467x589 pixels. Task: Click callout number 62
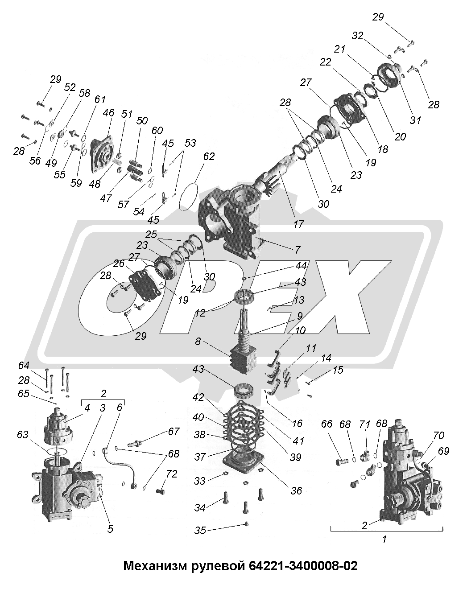(209, 157)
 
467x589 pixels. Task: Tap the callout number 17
(298, 224)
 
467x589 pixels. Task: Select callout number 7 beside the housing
(298, 250)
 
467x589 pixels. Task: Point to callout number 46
(108, 112)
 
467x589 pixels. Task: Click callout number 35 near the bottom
(200, 531)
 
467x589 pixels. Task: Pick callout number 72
(172, 474)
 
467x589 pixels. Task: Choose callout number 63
(22, 434)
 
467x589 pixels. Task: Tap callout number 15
(338, 370)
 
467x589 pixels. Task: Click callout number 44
(301, 265)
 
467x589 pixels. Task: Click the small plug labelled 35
(246, 524)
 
